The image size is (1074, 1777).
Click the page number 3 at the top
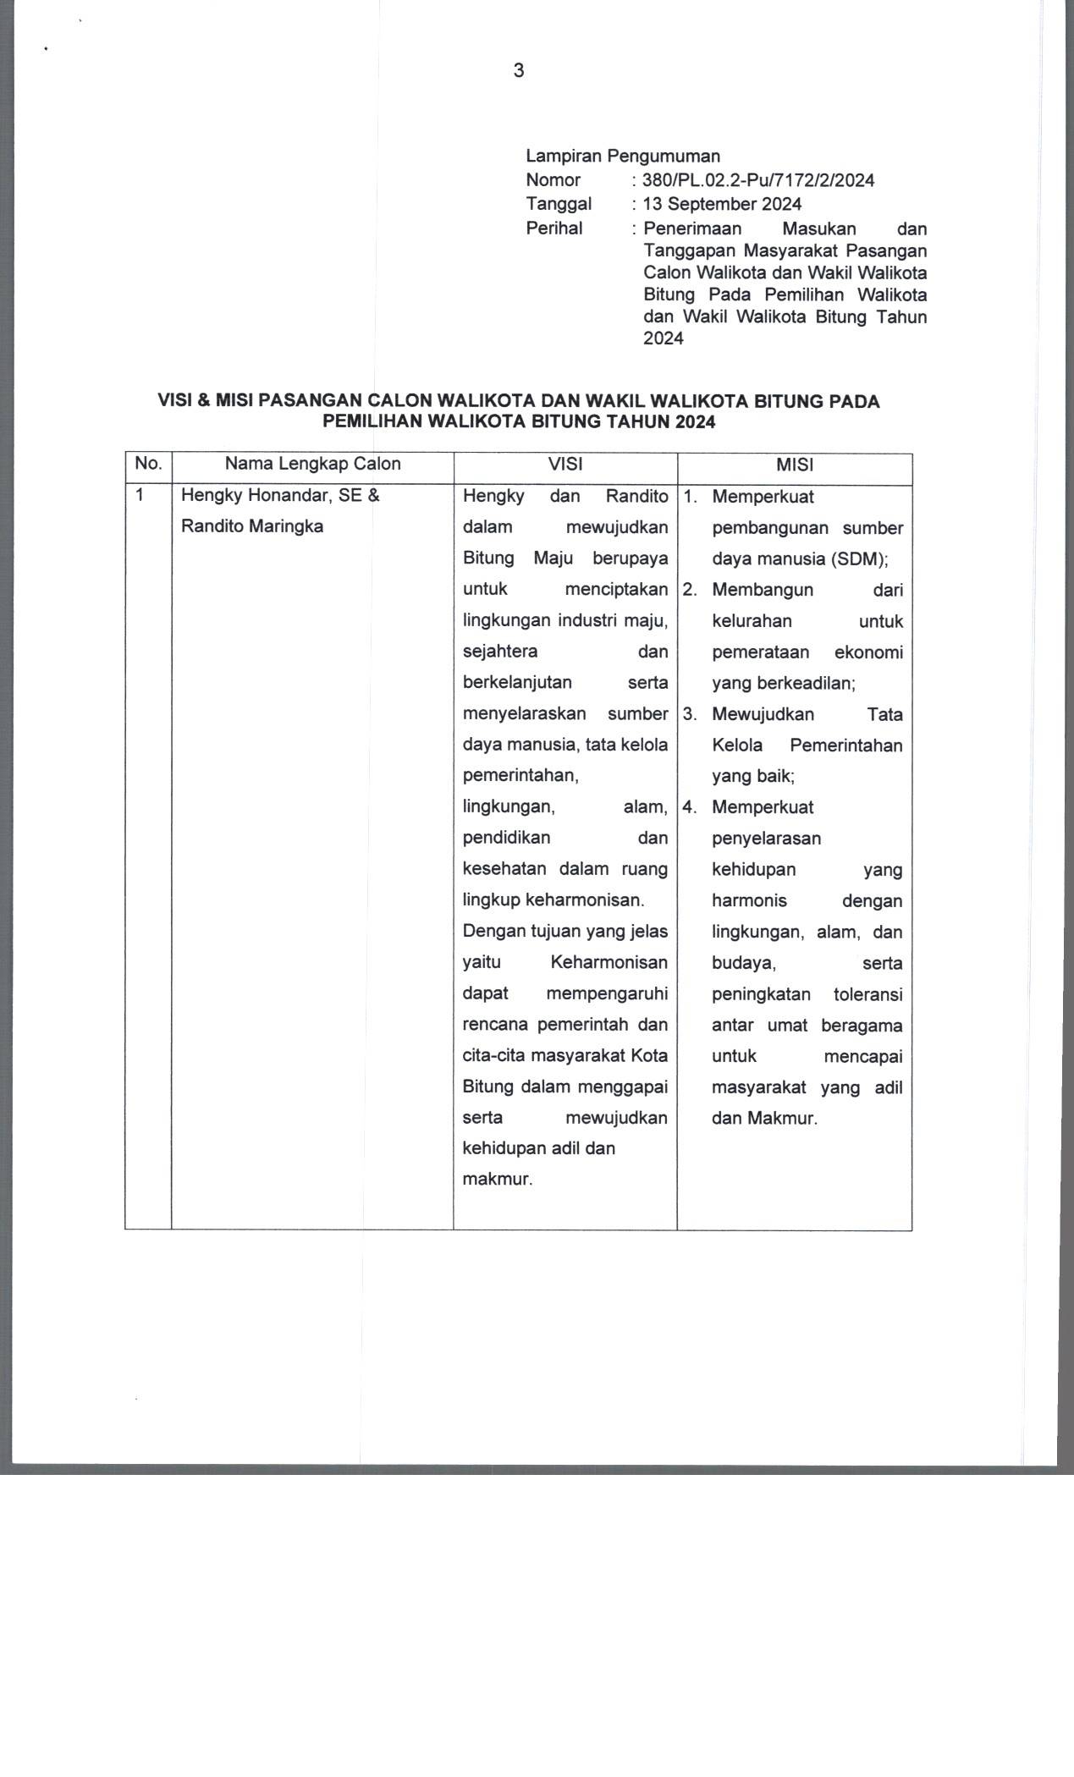519,71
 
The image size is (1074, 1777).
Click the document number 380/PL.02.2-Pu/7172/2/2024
758,180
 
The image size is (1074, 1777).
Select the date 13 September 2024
722,204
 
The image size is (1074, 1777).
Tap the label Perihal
554,228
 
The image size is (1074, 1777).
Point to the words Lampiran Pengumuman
623,156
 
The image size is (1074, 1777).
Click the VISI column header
565,465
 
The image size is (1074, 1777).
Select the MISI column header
794,465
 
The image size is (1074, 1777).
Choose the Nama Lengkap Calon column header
312,464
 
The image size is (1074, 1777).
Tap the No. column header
148,464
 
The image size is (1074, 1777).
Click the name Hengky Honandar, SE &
280,496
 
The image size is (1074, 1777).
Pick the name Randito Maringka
252,526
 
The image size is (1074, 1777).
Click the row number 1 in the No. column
140,496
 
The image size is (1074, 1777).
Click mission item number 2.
690,590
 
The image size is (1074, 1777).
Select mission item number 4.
690,807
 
